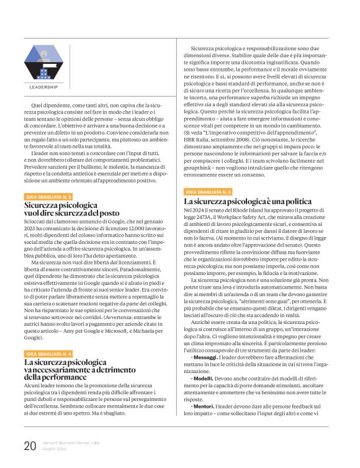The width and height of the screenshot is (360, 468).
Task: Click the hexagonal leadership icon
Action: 43,63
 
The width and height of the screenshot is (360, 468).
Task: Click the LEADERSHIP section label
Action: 43,87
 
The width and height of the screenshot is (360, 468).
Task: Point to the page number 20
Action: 30,446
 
